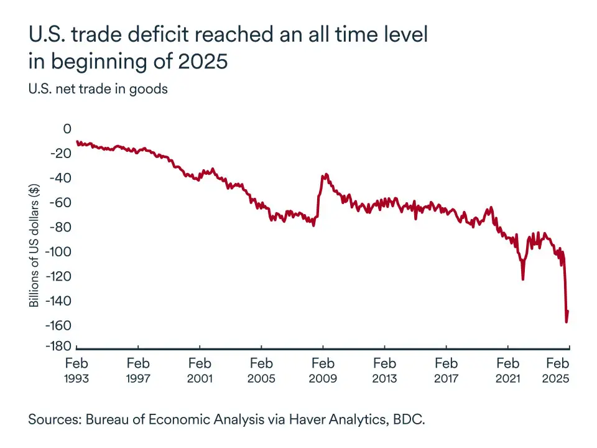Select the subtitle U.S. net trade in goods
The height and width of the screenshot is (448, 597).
[x=98, y=89]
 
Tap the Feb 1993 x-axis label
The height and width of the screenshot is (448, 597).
[x=77, y=370]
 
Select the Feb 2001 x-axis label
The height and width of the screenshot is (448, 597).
[x=200, y=370]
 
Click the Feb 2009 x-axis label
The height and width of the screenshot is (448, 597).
[x=323, y=370]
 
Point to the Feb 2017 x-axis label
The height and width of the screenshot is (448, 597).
[x=447, y=370]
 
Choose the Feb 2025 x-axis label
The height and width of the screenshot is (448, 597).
[x=557, y=370]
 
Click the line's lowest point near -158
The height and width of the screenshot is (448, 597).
[x=566, y=322]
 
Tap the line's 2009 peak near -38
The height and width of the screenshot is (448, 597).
[x=324, y=175]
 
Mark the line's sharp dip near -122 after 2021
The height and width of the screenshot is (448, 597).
[x=522, y=279]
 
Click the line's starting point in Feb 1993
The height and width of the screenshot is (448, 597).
[x=77, y=141]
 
